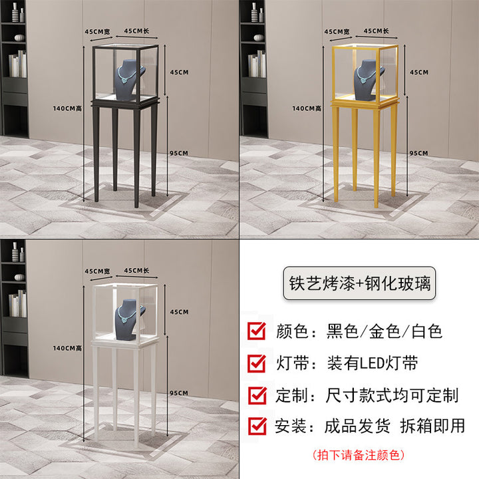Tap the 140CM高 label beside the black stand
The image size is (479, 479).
pyautogui.click(x=67, y=108)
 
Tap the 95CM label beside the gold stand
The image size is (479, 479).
pyautogui.click(x=418, y=153)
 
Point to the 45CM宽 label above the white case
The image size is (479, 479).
pyautogui.click(x=97, y=271)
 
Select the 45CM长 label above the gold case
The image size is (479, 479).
pyautogui.click(x=376, y=31)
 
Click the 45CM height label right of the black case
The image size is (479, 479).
pyautogui.click(x=180, y=73)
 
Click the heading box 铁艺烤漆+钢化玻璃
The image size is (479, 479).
pyautogui.click(x=359, y=283)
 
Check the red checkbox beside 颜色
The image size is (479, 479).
pyautogui.click(x=257, y=331)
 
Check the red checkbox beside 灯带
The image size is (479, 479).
pyautogui.click(x=257, y=363)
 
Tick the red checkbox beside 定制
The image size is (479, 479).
pyautogui.click(x=257, y=395)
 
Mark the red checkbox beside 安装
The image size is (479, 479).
pyautogui.click(x=257, y=426)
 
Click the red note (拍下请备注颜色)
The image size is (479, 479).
pyautogui.click(x=359, y=455)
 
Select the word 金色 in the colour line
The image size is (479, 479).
pyautogui.click(x=385, y=331)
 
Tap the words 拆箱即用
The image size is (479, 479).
pyautogui.click(x=432, y=426)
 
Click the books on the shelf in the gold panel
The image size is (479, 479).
pyautogui.click(x=257, y=64)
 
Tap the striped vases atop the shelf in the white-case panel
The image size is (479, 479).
pyautogui.click(x=18, y=253)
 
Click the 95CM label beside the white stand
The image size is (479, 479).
pyautogui.click(x=179, y=393)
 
